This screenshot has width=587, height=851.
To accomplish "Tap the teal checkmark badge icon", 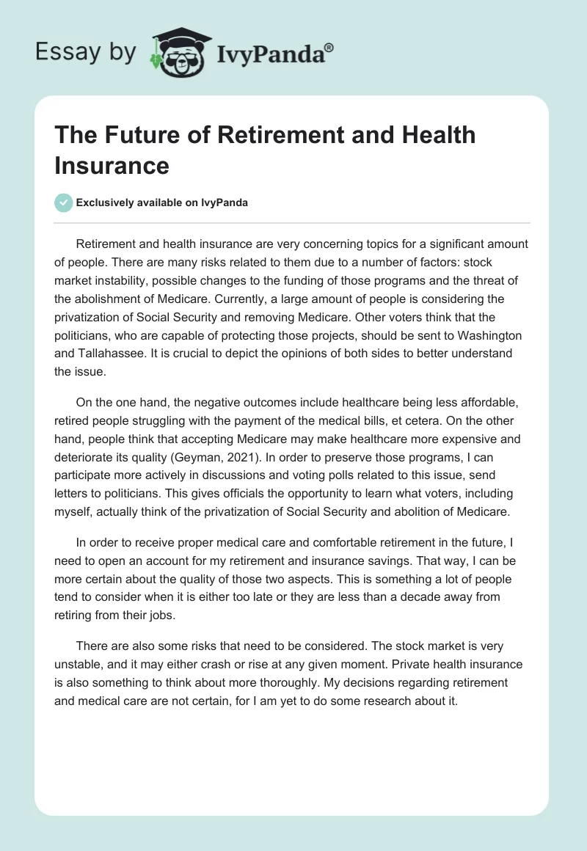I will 65,202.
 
